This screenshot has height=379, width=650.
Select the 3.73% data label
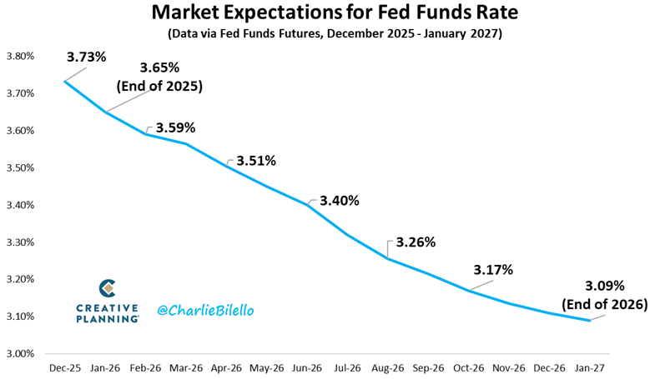(87, 57)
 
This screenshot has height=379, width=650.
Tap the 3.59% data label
(175, 128)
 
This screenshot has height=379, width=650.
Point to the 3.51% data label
(255, 161)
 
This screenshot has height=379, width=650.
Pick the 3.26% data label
(416, 243)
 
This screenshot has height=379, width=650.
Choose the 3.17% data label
(492, 270)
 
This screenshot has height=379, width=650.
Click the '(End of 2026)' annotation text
(603, 305)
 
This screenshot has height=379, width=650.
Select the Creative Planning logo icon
(107, 288)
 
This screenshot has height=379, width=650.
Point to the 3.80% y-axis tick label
(19, 57)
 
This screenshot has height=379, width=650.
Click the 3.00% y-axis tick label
(19, 354)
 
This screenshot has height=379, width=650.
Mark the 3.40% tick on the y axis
(19, 205)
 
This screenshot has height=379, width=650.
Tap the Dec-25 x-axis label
(64, 367)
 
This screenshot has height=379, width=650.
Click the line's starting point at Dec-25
(64, 81)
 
